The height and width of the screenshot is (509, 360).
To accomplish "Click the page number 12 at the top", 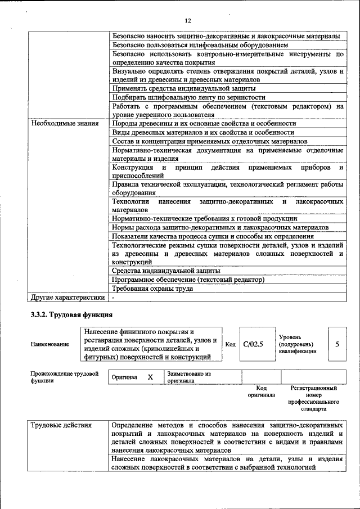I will pyautogui.click(x=188, y=21).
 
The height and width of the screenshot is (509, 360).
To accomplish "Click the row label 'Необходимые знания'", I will pyautogui.click(x=65, y=123).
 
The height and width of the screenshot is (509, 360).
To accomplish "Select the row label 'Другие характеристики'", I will pyautogui.click(x=67, y=298).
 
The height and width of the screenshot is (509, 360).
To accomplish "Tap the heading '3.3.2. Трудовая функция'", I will pyautogui.click(x=71, y=314).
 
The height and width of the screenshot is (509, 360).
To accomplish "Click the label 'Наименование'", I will pyautogui.click(x=50, y=344).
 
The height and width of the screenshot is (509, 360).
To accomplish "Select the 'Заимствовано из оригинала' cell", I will pyautogui.click(x=188, y=377).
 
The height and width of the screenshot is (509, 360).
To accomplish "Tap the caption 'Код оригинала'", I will pyautogui.click(x=261, y=391).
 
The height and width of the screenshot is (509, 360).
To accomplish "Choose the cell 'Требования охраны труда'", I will pyautogui.click(x=152, y=289).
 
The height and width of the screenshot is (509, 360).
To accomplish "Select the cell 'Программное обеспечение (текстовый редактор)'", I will pyautogui.click(x=188, y=280).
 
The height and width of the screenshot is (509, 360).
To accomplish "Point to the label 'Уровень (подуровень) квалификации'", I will pyautogui.click(x=298, y=344).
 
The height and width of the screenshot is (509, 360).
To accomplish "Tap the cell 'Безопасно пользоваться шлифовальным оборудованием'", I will pyautogui.click(x=200, y=44).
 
